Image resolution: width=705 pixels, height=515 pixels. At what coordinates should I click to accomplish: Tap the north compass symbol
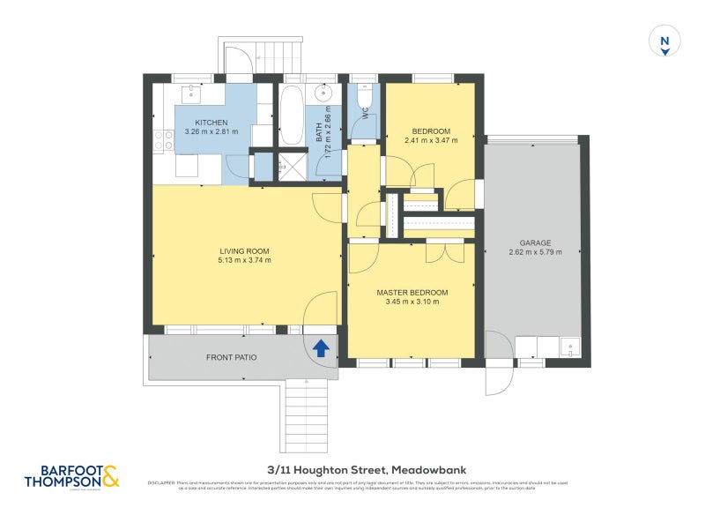[x=664, y=42]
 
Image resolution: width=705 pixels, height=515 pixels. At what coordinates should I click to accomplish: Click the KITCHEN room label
[x=211, y=123]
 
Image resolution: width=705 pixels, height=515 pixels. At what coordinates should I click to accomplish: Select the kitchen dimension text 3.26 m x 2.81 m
[x=211, y=132]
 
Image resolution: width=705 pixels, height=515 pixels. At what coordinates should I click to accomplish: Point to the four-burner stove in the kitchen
[x=162, y=139]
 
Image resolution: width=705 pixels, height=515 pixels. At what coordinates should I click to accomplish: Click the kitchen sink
[x=193, y=93]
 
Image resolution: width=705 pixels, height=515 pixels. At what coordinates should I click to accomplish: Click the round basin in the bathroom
[x=324, y=93]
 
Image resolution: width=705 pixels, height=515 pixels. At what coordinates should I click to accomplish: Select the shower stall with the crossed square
[x=284, y=165]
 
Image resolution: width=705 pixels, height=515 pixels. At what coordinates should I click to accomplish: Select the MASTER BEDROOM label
[x=412, y=292]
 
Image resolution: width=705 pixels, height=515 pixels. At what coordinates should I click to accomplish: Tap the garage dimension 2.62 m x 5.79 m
[x=535, y=252]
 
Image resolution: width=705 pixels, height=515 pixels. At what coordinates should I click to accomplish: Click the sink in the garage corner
[x=568, y=346]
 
